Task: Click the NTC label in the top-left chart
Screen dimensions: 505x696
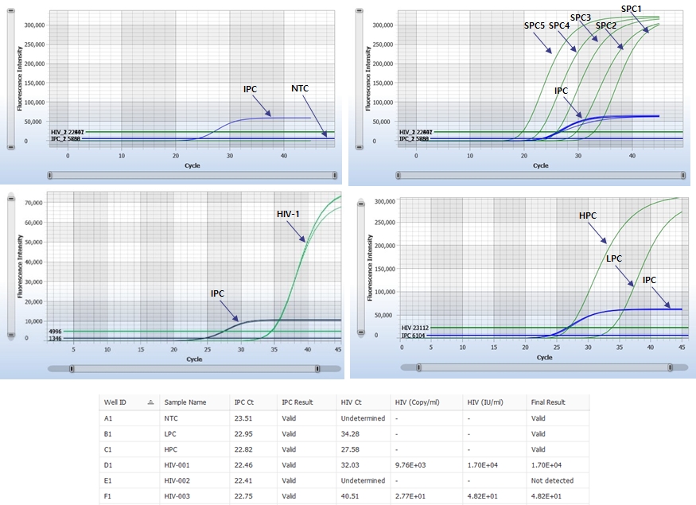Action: [x=300, y=88]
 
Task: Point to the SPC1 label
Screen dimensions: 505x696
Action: [x=631, y=8]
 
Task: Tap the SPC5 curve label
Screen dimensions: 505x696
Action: [x=534, y=25]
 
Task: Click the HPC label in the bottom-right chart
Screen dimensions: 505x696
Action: [x=588, y=216]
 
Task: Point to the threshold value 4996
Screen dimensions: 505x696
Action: [x=55, y=331]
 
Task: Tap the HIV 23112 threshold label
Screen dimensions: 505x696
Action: [x=416, y=328]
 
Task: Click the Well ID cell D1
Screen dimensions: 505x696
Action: [x=108, y=464]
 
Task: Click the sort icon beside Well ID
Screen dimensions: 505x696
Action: [x=150, y=402]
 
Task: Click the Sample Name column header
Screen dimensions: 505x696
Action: [x=185, y=402]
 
